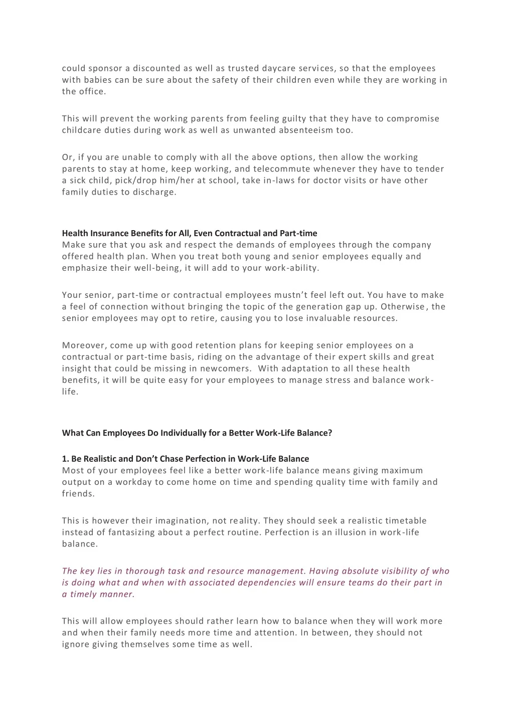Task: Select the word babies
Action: pos(98,80)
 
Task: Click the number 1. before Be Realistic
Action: pos(65,459)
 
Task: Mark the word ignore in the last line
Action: pos(75,644)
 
